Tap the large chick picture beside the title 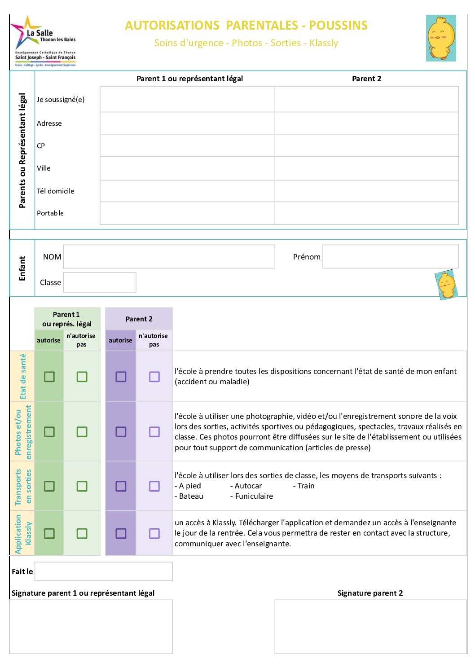point(441,38)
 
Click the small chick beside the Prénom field point(446,285)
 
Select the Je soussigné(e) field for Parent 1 point(187,99)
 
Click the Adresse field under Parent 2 point(366,123)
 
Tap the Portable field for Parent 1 point(187,213)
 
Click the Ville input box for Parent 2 point(366,168)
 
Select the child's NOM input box point(169,257)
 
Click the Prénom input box point(390,257)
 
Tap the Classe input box point(99,282)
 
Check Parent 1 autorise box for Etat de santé point(49,377)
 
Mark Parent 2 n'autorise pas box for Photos point(154,432)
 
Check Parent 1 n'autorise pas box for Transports point(82,486)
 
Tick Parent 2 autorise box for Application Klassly point(121,533)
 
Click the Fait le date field point(103,571)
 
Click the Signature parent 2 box point(370,627)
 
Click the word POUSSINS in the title point(338,26)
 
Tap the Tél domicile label point(56,191)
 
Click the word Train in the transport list point(306,486)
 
